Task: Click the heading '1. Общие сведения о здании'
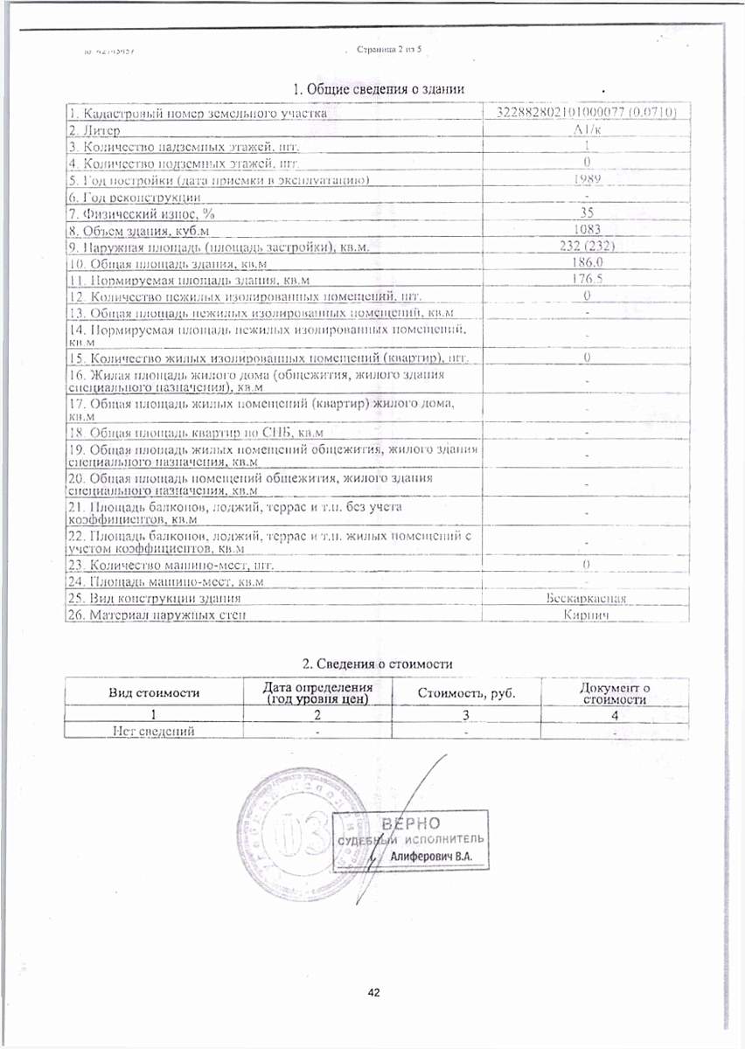click(x=378, y=88)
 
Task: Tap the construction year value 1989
click(x=587, y=179)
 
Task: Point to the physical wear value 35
click(x=587, y=212)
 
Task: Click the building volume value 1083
click(x=587, y=229)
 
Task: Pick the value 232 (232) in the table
click(x=587, y=246)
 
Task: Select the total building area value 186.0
click(x=587, y=262)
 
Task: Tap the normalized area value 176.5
click(x=587, y=279)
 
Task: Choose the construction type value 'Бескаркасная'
click(x=587, y=598)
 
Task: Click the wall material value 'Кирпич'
click(x=587, y=615)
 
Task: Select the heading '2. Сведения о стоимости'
click(x=377, y=664)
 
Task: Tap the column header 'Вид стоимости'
click(x=154, y=692)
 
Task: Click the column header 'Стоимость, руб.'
click(x=466, y=692)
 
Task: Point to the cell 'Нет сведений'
click(x=154, y=731)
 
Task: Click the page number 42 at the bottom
click(x=374, y=993)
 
